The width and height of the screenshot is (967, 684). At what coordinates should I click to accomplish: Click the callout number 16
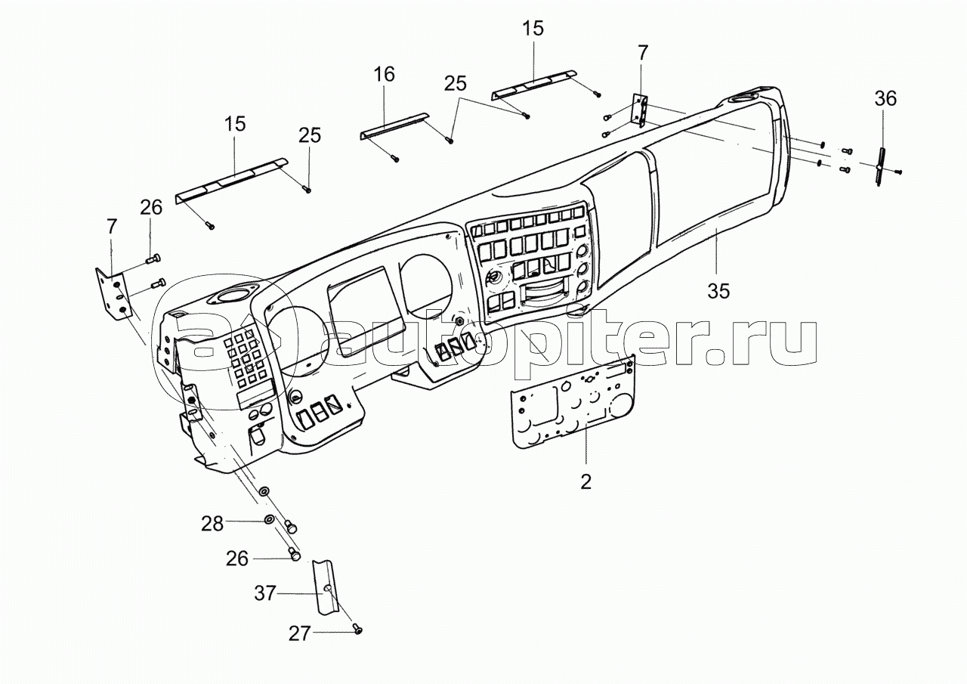(384, 74)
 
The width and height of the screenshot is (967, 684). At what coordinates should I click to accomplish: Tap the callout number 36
(885, 99)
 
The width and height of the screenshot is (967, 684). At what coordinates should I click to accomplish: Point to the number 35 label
(719, 290)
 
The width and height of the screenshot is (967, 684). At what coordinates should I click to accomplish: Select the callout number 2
(585, 481)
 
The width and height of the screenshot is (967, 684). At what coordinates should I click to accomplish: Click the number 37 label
(265, 595)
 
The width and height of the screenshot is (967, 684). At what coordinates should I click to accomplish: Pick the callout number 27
(300, 633)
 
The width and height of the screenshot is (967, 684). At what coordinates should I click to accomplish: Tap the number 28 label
(212, 523)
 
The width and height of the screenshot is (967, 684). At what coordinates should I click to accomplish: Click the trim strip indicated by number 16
(393, 124)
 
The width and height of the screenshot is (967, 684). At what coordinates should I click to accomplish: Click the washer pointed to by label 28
(270, 520)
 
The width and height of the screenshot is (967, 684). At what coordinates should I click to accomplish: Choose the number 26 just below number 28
(237, 559)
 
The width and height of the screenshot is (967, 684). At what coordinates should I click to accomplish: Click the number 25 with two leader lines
(455, 85)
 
